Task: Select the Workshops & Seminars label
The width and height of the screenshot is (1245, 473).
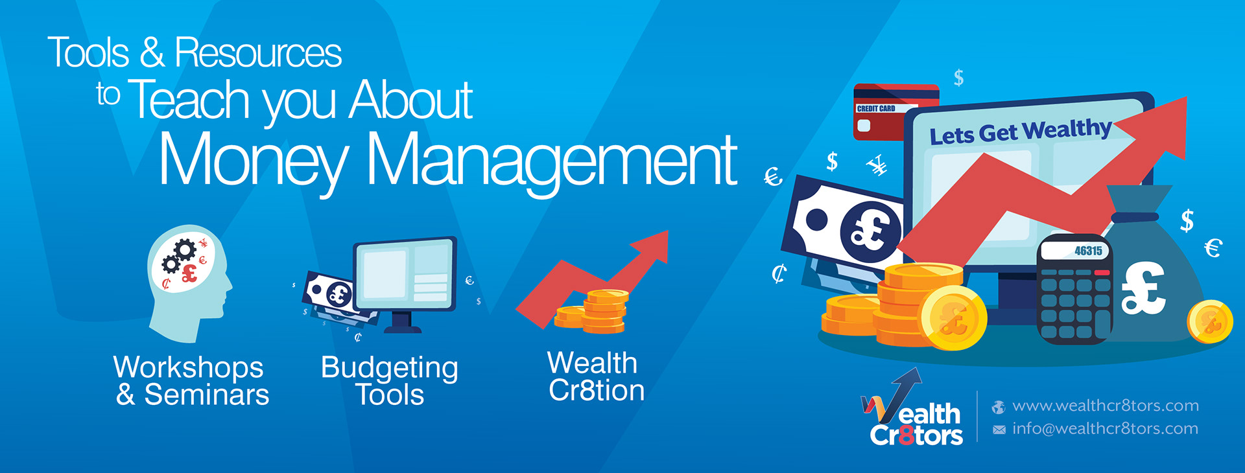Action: click(x=192, y=381)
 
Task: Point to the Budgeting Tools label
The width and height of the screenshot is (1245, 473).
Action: click(x=390, y=382)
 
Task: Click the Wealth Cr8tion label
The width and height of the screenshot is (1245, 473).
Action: click(x=596, y=377)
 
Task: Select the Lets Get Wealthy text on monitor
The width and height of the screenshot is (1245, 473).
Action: click(x=1021, y=132)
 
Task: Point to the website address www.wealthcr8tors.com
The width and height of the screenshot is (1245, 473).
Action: click(x=1105, y=406)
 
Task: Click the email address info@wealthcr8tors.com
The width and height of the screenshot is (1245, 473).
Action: click(x=1105, y=428)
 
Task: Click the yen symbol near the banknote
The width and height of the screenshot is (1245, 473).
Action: click(x=878, y=166)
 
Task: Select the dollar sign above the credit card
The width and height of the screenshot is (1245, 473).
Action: click(x=959, y=78)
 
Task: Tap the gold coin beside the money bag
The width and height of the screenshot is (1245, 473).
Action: click(x=1210, y=321)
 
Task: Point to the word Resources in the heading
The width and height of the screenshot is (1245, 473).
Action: click(x=258, y=52)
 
